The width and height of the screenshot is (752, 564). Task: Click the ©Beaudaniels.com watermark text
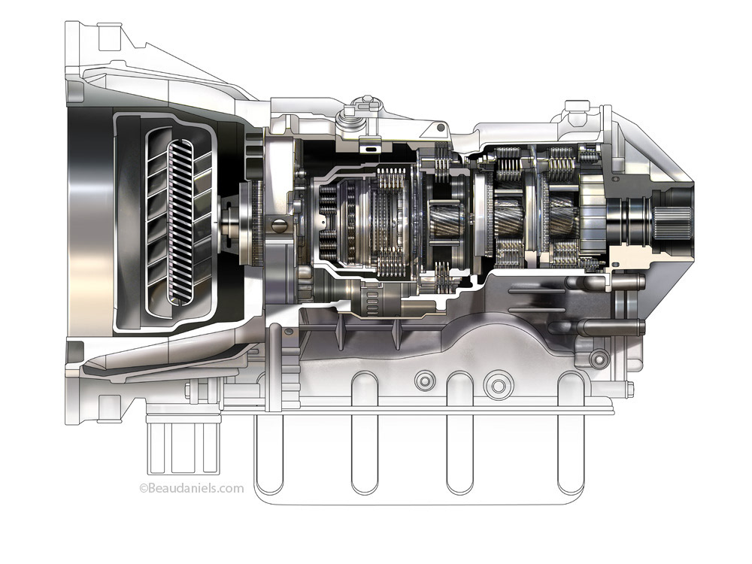pyautogui.click(x=192, y=488)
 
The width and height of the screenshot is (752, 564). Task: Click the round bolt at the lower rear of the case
pyautogui.click(x=598, y=355)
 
